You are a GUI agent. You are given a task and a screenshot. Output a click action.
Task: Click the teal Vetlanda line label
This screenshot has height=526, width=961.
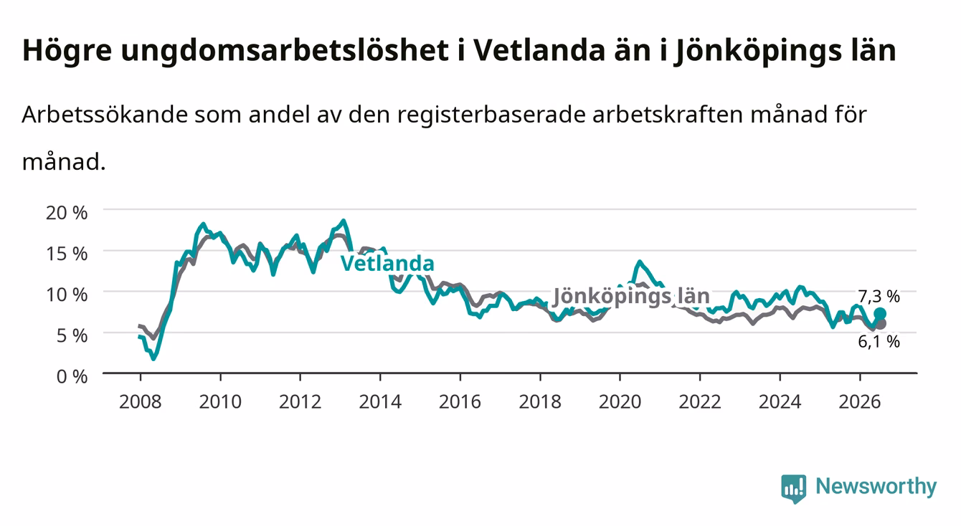coord(387,263)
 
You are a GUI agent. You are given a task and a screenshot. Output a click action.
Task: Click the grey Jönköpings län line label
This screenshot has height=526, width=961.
coord(631,296)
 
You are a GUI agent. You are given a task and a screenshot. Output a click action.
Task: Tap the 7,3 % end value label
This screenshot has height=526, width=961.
coord(879,296)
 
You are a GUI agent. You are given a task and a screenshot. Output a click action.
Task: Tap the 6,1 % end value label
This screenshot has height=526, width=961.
coord(879,342)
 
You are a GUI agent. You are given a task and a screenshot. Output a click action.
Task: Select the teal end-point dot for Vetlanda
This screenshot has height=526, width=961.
coord(880,314)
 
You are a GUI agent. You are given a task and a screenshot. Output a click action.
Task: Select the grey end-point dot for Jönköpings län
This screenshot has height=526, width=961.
coord(881,324)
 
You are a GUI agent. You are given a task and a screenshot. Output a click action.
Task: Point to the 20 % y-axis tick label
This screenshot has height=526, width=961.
coord(67,213)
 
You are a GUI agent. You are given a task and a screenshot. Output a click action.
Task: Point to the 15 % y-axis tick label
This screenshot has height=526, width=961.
coord(67,254)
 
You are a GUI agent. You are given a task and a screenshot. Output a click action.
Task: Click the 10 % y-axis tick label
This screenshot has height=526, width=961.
coord(67,295)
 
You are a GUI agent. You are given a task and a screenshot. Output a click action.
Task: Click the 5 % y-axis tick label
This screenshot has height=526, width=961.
coord(72,335)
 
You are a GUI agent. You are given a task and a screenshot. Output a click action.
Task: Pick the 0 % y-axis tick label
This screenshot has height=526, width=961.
coord(72,377)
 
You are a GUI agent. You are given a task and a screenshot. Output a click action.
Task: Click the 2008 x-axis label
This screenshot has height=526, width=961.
coord(141,402)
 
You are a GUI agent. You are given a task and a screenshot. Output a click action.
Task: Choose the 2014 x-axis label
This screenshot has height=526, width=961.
coord(380,402)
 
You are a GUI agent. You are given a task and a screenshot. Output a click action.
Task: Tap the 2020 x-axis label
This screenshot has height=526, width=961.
coord(620,402)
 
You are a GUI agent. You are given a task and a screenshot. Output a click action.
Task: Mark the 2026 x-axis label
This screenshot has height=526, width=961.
coord(860,402)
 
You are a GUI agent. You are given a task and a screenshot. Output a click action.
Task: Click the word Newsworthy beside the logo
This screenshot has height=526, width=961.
coord(876,487)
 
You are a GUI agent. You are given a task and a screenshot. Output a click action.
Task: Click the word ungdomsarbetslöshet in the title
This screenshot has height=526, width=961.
coord(285,52)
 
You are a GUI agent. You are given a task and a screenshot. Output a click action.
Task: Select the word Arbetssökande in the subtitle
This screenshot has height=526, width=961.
coord(105,115)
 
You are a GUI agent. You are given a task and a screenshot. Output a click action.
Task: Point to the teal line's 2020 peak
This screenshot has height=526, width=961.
coord(639,261)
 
